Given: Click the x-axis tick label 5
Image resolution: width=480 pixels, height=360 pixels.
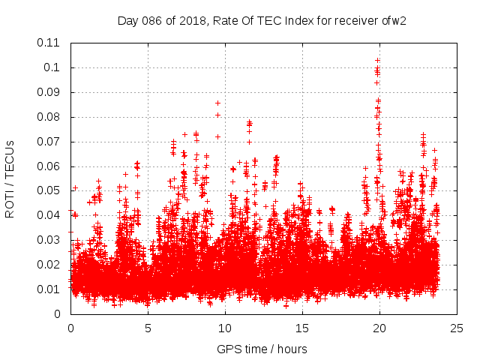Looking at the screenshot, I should pos(148,328).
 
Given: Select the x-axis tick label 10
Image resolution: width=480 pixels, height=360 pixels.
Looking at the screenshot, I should pos(225,328).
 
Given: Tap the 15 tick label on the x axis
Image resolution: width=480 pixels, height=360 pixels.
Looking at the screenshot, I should pos(302,328).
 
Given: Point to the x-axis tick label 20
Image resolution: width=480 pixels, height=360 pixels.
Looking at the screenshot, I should pos(379,328).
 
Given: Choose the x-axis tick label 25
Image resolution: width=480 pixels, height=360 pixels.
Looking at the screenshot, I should pos(457,328).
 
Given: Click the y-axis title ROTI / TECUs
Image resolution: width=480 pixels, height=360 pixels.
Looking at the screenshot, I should pos(10,178).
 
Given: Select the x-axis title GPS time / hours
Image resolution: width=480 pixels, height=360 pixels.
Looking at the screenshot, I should pos(262,349).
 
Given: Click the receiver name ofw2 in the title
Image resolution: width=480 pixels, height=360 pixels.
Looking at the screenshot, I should pos(391,19).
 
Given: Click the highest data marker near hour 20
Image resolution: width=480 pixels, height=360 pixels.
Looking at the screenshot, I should pos(377,60).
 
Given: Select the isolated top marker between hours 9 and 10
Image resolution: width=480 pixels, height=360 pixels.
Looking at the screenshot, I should pos(217,103).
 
